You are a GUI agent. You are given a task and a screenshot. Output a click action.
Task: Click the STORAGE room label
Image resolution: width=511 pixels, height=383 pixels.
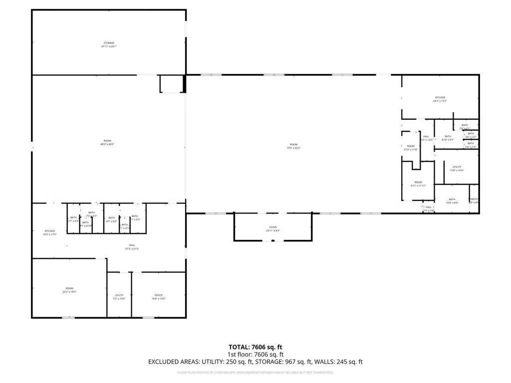pyautogui.click(x=109, y=43)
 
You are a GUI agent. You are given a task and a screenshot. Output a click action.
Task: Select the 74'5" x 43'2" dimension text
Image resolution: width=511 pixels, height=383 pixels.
pyautogui.click(x=293, y=148)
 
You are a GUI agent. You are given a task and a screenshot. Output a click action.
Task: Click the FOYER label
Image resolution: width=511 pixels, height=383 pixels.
pyautogui.click(x=273, y=227)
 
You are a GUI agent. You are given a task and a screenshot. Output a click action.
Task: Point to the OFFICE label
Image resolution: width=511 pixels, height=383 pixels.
pyautogui.click(x=158, y=295)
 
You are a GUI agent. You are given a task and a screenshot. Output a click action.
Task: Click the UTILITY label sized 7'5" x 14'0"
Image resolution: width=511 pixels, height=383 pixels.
pyautogui.click(x=119, y=295)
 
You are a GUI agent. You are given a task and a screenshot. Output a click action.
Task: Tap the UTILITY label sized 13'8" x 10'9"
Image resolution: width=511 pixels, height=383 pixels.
pyautogui.click(x=457, y=167)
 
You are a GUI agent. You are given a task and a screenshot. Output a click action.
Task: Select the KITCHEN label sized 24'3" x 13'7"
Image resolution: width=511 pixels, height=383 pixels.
pyautogui.click(x=440, y=97)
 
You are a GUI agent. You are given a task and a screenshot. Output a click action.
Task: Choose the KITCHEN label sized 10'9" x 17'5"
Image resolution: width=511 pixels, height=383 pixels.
pyautogui.click(x=49, y=231)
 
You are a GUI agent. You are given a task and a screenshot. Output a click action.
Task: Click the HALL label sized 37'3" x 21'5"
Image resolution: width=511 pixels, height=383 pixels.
pyautogui.click(x=132, y=245)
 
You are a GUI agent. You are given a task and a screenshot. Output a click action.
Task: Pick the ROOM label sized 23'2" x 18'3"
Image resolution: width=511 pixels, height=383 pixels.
pyautogui.click(x=69, y=288)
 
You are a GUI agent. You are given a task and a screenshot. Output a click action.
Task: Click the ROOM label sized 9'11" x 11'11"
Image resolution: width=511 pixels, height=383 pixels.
pyautogui.click(x=418, y=182)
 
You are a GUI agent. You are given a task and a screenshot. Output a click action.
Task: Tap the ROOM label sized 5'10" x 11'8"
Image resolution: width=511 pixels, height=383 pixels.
pyautogui.click(x=411, y=146)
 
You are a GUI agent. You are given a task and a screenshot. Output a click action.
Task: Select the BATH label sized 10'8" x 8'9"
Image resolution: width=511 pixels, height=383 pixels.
pyautogui.click(x=452, y=199)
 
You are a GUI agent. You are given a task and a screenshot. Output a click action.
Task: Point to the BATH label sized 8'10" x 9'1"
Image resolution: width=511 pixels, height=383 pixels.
pyautogui.click(x=448, y=136)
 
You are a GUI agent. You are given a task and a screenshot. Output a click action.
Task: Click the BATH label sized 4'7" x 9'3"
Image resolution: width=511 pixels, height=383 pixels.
pyautogui.click(x=111, y=217)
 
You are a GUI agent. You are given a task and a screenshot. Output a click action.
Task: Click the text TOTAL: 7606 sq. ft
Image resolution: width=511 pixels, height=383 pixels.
pyautogui.click(x=255, y=347)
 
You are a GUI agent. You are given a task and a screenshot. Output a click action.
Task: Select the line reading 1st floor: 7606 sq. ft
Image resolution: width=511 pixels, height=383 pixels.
pyautogui.click(x=255, y=355)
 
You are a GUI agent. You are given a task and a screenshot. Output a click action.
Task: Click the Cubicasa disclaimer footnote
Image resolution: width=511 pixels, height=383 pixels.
pyautogui.click(x=255, y=373)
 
